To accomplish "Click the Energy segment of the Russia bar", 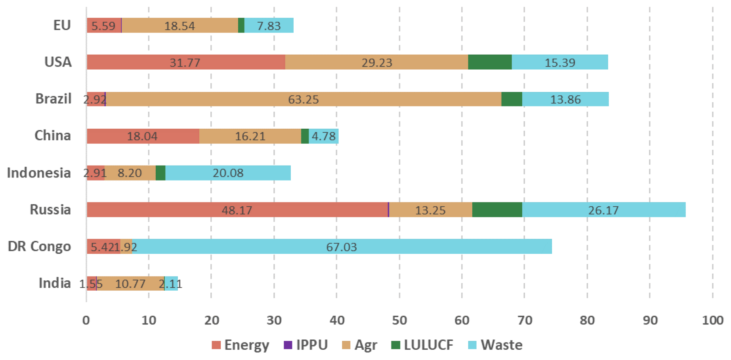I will tap(237, 210).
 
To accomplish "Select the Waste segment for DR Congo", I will tap(342, 246).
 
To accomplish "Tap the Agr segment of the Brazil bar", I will tap(303, 99).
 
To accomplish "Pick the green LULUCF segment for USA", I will tap(490, 62).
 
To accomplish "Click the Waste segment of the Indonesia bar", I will tap(228, 173).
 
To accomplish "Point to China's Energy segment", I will tap(143, 136).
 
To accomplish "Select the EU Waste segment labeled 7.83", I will tap(269, 26).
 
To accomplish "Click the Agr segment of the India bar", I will tap(130, 284).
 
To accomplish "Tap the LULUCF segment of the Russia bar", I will tap(497, 210).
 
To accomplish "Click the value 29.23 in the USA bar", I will tap(377, 63).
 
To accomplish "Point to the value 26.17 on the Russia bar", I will tap(603, 210).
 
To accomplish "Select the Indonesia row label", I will tap(39, 173).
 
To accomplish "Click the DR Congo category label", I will tap(39, 246).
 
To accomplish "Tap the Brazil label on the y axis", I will tap(53, 99).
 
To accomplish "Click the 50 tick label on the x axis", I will tap(399, 320).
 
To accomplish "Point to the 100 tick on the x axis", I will tap(712, 320).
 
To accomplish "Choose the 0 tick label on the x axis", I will tap(86, 320).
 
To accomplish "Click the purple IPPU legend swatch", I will tap(288, 345).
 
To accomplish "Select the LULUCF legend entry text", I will tap(428, 345).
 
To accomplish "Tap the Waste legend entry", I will tap(501, 345).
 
